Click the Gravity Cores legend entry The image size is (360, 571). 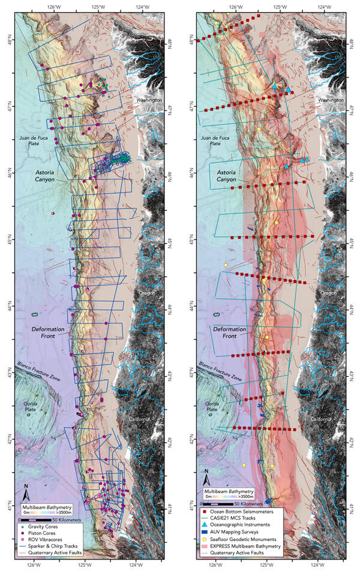(49, 526)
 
